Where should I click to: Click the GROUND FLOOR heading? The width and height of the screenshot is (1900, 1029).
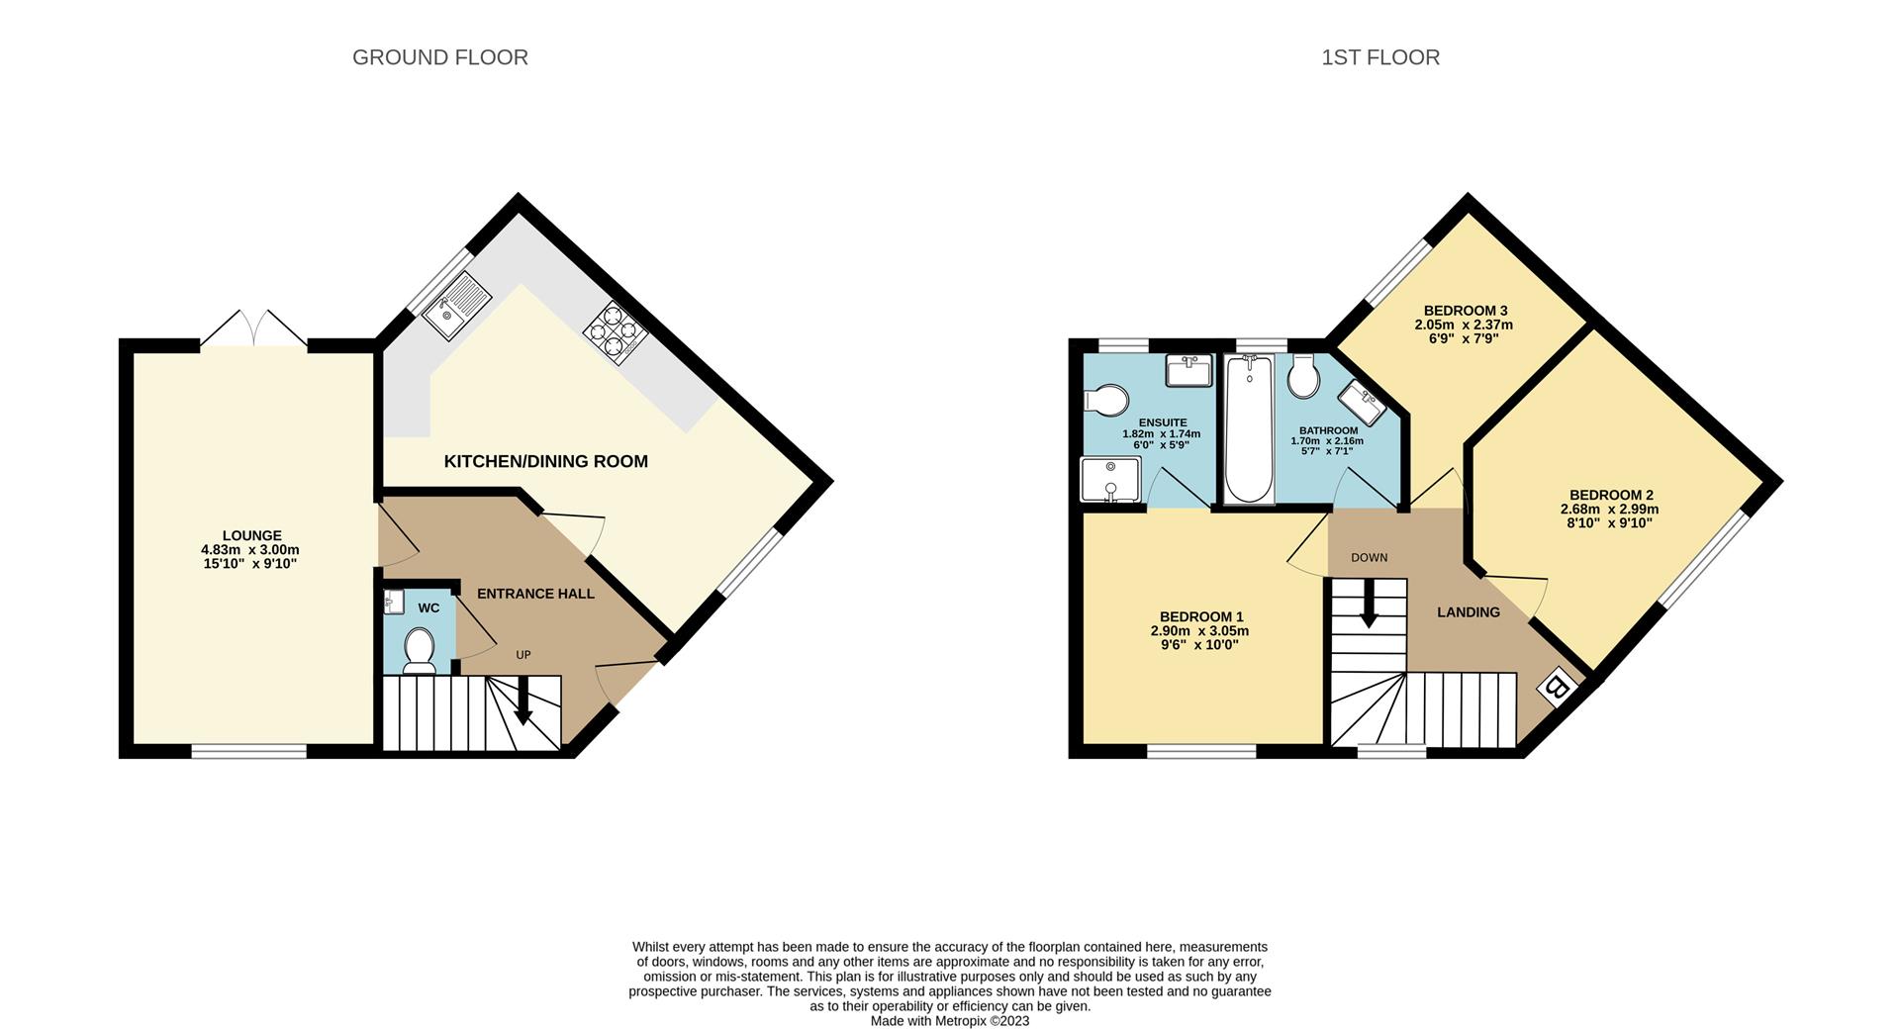point(439,57)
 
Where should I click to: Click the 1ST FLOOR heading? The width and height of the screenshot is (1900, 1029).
point(1379,57)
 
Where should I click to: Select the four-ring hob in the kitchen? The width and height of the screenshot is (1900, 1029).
point(615,331)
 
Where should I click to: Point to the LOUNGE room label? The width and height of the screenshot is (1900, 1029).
point(251,535)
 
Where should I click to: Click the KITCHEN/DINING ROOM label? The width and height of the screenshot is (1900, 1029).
point(545,461)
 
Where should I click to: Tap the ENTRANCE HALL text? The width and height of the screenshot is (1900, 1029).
point(535,594)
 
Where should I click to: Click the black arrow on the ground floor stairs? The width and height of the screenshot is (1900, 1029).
point(523,702)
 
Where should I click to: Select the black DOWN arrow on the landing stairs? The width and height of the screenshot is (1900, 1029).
point(1369,605)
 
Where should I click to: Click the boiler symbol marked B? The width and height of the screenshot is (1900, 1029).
point(1557,687)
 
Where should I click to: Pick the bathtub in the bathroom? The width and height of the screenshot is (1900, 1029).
point(1249,429)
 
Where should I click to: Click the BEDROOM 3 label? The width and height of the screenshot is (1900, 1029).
point(1465,310)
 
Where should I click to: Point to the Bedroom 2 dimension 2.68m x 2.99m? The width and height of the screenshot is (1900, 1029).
point(1610,510)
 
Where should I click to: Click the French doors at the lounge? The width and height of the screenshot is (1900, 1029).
point(254,329)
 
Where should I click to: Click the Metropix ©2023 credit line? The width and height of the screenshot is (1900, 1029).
point(949,1021)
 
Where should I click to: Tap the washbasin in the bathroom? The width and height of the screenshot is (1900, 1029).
point(1362,403)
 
